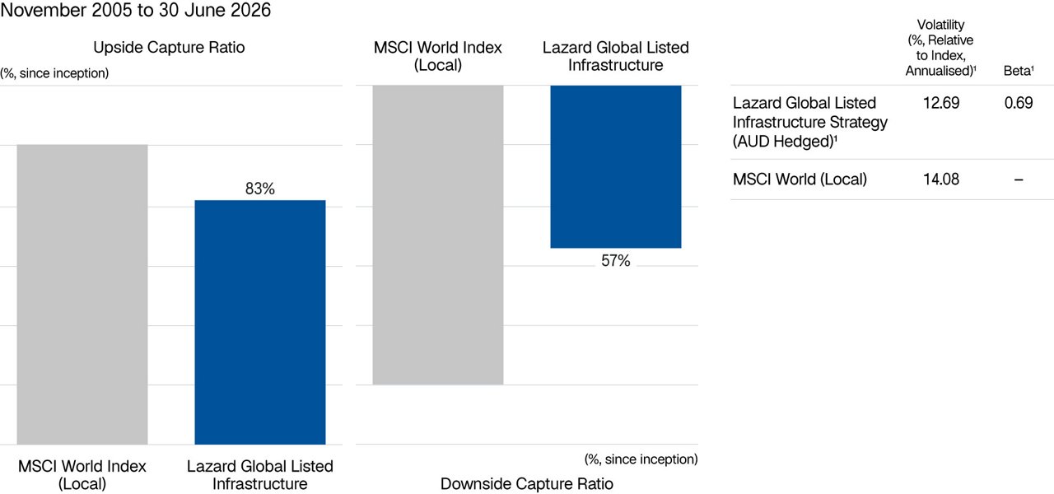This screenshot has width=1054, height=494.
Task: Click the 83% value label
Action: pos(259,189)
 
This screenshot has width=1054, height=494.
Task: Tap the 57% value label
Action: pos(615,261)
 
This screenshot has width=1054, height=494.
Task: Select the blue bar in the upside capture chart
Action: pos(260,322)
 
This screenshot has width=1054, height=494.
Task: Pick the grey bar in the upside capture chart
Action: pos(82,295)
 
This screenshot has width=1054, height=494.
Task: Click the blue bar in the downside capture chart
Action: pos(616,166)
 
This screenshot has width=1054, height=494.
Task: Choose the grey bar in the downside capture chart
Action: pos(438,235)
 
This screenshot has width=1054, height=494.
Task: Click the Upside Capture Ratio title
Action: pos(169,48)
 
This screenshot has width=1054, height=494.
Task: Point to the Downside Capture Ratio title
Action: pos(526,483)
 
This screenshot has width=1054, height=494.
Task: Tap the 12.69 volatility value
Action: pos(940,103)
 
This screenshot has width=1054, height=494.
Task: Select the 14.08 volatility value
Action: pos(940,179)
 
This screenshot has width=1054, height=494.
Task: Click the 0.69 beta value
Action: pos(1019,103)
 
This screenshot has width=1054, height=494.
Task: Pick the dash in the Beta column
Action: pos(1019,179)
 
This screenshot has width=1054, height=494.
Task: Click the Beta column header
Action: pos(1019,71)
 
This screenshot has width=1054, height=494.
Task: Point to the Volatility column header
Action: pos(940,48)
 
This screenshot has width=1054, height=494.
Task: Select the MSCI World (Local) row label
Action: pos(800,179)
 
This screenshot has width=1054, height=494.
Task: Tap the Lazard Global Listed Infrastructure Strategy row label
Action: pos(809,122)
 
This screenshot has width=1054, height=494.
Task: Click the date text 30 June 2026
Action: pos(215,10)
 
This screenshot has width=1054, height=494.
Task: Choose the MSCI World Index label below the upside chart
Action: pos(82,475)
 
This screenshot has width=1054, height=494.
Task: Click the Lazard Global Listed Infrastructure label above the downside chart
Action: pos(615,56)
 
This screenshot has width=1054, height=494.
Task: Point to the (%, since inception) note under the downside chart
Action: pos(641,459)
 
